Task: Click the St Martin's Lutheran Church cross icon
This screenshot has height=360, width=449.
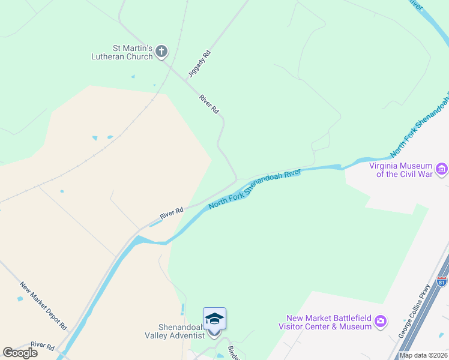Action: [161, 52]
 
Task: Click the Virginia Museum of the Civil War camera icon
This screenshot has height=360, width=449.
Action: [442, 170]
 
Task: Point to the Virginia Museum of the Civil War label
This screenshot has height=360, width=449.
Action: [401, 170]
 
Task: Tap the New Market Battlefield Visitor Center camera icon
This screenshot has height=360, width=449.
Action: [380, 322]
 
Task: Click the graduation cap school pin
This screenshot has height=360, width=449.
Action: [214, 319]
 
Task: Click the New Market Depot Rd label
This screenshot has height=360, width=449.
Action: [43, 305]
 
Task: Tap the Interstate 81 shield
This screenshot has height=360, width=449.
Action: [442, 281]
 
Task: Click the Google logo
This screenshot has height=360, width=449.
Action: [20, 352]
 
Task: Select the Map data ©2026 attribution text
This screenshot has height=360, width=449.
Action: [424, 355]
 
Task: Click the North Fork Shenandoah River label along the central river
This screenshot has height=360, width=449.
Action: [254, 190]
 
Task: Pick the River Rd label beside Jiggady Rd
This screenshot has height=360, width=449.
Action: [209, 104]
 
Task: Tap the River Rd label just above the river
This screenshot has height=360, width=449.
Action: [171, 212]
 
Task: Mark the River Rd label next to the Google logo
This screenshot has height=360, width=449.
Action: [42, 347]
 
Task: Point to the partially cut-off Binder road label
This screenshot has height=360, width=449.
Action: [234, 352]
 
